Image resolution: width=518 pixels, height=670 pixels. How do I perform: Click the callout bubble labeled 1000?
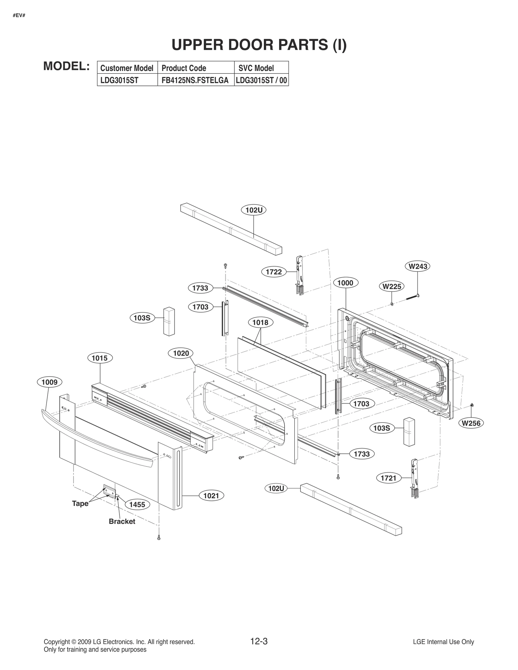[345, 283]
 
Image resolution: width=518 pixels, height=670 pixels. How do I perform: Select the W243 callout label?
[418, 267]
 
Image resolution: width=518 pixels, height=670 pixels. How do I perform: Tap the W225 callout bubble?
[392, 286]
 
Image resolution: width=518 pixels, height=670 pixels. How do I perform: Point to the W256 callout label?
[471, 423]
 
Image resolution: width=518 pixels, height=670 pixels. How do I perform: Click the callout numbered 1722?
[274, 272]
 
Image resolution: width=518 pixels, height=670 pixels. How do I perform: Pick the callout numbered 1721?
[388, 478]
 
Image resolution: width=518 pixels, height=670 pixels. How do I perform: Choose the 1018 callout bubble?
[261, 323]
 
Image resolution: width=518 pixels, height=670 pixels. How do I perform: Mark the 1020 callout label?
[181, 353]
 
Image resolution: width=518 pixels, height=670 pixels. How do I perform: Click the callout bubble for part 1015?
[100, 358]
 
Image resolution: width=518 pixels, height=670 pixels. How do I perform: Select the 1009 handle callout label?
[50, 382]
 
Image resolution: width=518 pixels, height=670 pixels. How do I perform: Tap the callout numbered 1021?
[211, 496]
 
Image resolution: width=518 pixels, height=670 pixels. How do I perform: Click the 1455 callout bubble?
[137, 505]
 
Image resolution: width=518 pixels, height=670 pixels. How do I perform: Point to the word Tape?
[80, 503]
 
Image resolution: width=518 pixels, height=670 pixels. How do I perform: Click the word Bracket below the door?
[122, 521]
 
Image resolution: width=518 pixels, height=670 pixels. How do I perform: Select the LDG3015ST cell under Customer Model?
[119, 81]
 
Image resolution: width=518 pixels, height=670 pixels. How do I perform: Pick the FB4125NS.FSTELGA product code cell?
[195, 81]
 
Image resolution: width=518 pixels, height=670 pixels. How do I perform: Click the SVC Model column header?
[256, 68]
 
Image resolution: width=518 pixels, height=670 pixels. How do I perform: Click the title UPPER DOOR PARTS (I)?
[259, 45]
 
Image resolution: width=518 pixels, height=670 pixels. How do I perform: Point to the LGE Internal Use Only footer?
[443, 642]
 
